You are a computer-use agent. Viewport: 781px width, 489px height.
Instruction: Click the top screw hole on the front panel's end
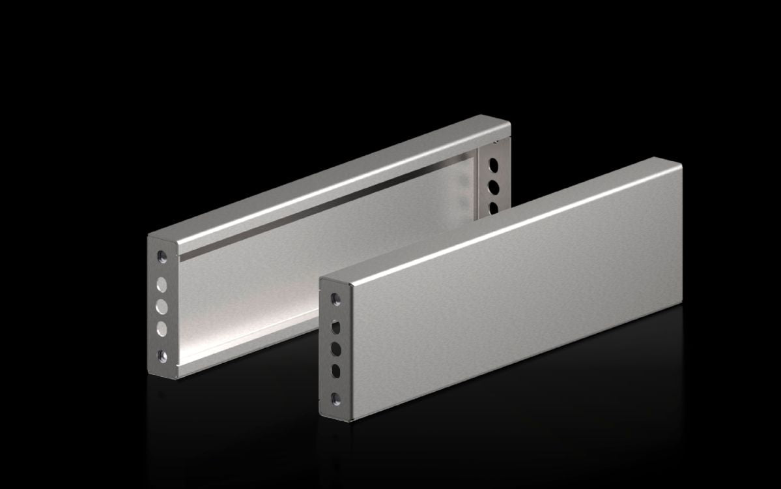tap(335, 299)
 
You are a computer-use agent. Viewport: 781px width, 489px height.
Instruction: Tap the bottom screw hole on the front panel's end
tap(335, 397)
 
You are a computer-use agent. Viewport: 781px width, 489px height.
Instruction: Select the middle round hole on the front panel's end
tap(335, 348)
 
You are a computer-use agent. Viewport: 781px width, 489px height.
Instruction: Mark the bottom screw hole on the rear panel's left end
tap(162, 355)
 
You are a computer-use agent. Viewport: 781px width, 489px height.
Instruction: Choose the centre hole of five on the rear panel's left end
tap(162, 306)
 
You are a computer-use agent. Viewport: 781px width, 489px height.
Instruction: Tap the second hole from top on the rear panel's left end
tap(162, 284)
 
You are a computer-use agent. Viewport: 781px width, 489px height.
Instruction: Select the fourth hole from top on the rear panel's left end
tap(162, 328)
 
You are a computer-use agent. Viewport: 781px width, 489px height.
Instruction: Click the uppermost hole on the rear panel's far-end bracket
tap(493, 162)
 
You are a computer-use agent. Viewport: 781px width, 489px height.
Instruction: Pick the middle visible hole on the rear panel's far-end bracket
tap(494, 186)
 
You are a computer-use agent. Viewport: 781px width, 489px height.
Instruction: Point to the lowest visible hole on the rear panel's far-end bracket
tap(494, 208)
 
